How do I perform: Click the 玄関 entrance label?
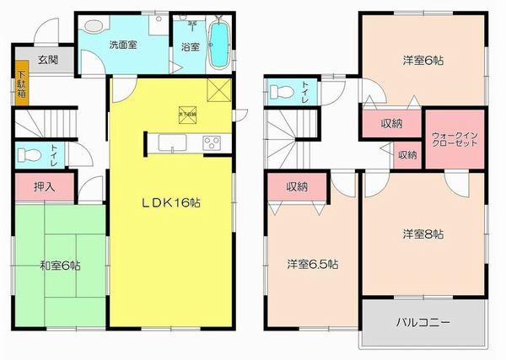coord(47,60)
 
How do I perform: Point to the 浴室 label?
coord(189,46)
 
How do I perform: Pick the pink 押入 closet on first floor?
coord(45,185)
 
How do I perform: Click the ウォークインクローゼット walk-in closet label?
coord(455,139)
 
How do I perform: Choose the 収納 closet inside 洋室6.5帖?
coord(295,186)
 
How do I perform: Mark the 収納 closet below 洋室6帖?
coord(390,124)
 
